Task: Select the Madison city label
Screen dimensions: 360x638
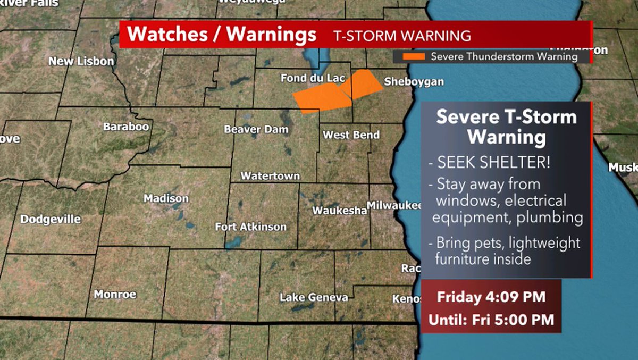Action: (x=166, y=198)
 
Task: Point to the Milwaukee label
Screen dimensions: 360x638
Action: (x=394, y=205)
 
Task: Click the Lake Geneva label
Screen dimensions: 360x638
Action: (x=314, y=297)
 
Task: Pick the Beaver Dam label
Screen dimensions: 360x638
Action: (x=256, y=129)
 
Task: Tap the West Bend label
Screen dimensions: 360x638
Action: (x=351, y=135)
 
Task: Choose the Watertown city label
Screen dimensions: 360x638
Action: (x=270, y=175)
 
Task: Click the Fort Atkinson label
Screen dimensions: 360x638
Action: (x=250, y=227)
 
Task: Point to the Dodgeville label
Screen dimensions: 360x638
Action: (x=51, y=219)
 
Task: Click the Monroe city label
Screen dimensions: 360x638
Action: (x=115, y=294)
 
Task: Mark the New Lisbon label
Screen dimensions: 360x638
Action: (x=81, y=61)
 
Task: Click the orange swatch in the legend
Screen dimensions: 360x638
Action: (x=414, y=56)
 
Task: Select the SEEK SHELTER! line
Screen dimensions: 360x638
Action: (x=489, y=163)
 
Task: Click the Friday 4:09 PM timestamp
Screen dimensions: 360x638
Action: (x=491, y=297)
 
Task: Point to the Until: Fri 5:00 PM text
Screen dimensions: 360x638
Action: (x=491, y=320)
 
